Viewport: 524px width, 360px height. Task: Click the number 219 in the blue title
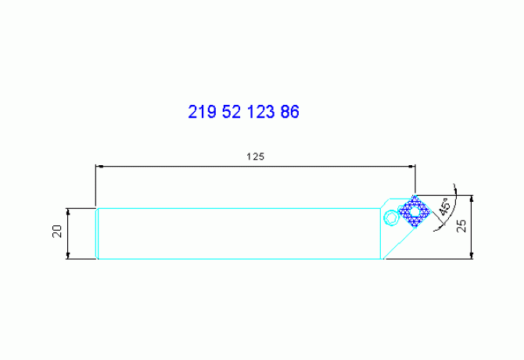click(203, 112)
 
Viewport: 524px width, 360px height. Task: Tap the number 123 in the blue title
click(260, 112)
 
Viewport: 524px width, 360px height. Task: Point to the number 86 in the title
click(289, 112)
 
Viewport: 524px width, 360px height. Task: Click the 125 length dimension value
click(255, 157)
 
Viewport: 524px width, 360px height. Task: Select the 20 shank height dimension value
click(57, 232)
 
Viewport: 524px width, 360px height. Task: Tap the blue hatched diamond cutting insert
click(415, 211)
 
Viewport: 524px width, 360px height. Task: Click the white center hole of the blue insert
click(415, 211)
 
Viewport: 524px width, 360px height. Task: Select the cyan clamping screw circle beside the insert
click(389, 217)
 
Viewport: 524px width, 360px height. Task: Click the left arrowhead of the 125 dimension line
click(99, 166)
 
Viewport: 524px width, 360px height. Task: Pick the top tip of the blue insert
click(415, 196)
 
